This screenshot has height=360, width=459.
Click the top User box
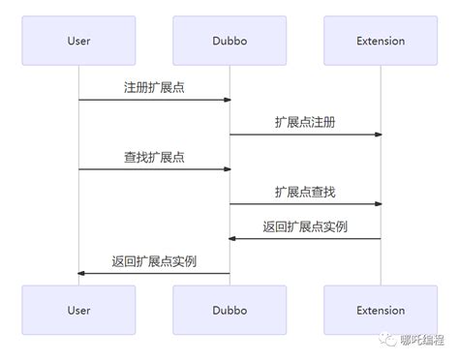pyautogui.click(x=78, y=41)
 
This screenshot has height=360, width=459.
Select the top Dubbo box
pyautogui.click(x=229, y=41)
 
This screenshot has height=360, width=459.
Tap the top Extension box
pyautogui.click(x=381, y=41)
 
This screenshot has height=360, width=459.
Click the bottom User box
pyautogui.click(x=78, y=311)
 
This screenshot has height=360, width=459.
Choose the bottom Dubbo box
pyautogui.click(x=229, y=311)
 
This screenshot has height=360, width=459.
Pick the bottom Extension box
pyautogui.click(x=381, y=311)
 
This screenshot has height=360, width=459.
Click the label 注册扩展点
pyautogui.click(x=154, y=87)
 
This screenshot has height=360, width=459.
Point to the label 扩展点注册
pyautogui.click(x=305, y=122)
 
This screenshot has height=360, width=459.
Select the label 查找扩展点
pyautogui.click(x=154, y=157)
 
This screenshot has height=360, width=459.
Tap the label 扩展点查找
pyautogui.click(x=305, y=192)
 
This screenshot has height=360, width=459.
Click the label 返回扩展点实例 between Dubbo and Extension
pyautogui.click(x=305, y=226)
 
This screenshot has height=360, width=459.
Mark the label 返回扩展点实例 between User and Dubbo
pyautogui.click(x=154, y=261)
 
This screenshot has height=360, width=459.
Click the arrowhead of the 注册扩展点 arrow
pyautogui.click(x=227, y=100)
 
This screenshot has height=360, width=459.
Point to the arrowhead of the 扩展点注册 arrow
pyautogui.click(x=378, y=135)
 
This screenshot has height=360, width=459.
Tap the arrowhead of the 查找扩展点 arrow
pyautogui.click(x=227, y=169)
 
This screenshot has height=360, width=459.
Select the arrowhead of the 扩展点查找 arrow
pyautogui.click(x=378, y=204)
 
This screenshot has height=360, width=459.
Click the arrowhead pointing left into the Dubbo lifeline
pyautogui.click(x=233, y=239)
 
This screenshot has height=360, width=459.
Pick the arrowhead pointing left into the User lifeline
pyautogui.click(x=82, y=274)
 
